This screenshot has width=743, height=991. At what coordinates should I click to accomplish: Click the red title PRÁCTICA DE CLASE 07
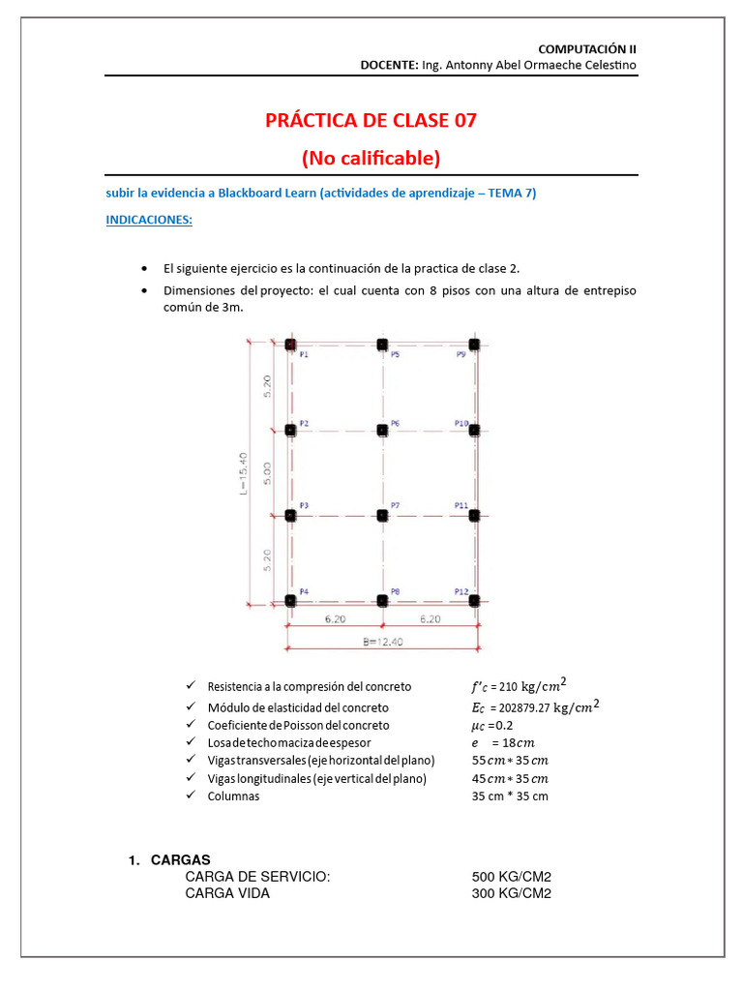point(371,121)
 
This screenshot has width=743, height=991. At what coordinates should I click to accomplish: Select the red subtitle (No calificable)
point(371,157)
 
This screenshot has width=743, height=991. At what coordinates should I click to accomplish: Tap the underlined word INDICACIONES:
point(149,220)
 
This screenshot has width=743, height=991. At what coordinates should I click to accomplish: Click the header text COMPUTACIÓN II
point(587,47)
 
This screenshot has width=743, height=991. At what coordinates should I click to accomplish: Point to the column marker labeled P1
point(291,345)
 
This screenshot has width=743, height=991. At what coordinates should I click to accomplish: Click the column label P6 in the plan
point(395,424)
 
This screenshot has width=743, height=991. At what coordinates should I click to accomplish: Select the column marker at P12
point(474,601)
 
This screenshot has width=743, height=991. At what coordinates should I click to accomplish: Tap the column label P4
point(304,591)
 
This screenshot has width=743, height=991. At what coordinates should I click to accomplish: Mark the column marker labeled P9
point(474,345)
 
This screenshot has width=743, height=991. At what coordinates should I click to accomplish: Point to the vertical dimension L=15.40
point(245,472)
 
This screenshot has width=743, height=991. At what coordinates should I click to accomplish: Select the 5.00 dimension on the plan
point(268,472)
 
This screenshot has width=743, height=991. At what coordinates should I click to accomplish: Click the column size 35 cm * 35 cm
point(510,796)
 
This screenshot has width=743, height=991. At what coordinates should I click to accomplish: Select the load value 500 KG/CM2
point(511,877)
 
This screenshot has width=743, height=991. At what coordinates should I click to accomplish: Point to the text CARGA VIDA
point(227,893)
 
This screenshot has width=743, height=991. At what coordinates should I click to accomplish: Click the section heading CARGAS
point(181,860)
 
